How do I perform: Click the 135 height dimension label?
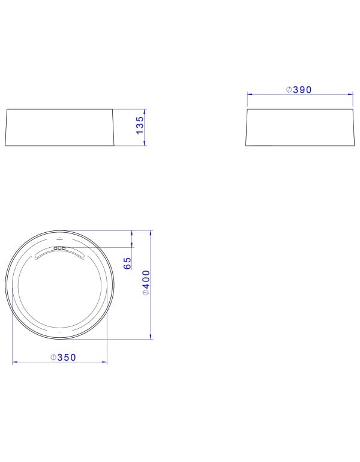[140, 125]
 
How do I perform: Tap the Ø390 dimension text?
[299, 90]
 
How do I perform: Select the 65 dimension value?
[127, 263]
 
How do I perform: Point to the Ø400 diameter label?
[146, 283]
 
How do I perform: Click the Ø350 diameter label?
[63, 358]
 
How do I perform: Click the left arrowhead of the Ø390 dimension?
[250, 94]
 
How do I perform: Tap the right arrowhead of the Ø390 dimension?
[350, 94]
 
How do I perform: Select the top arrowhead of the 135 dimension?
[145, 112]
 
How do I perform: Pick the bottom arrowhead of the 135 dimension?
[145, 143]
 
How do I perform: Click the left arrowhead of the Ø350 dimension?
[15, 362]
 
